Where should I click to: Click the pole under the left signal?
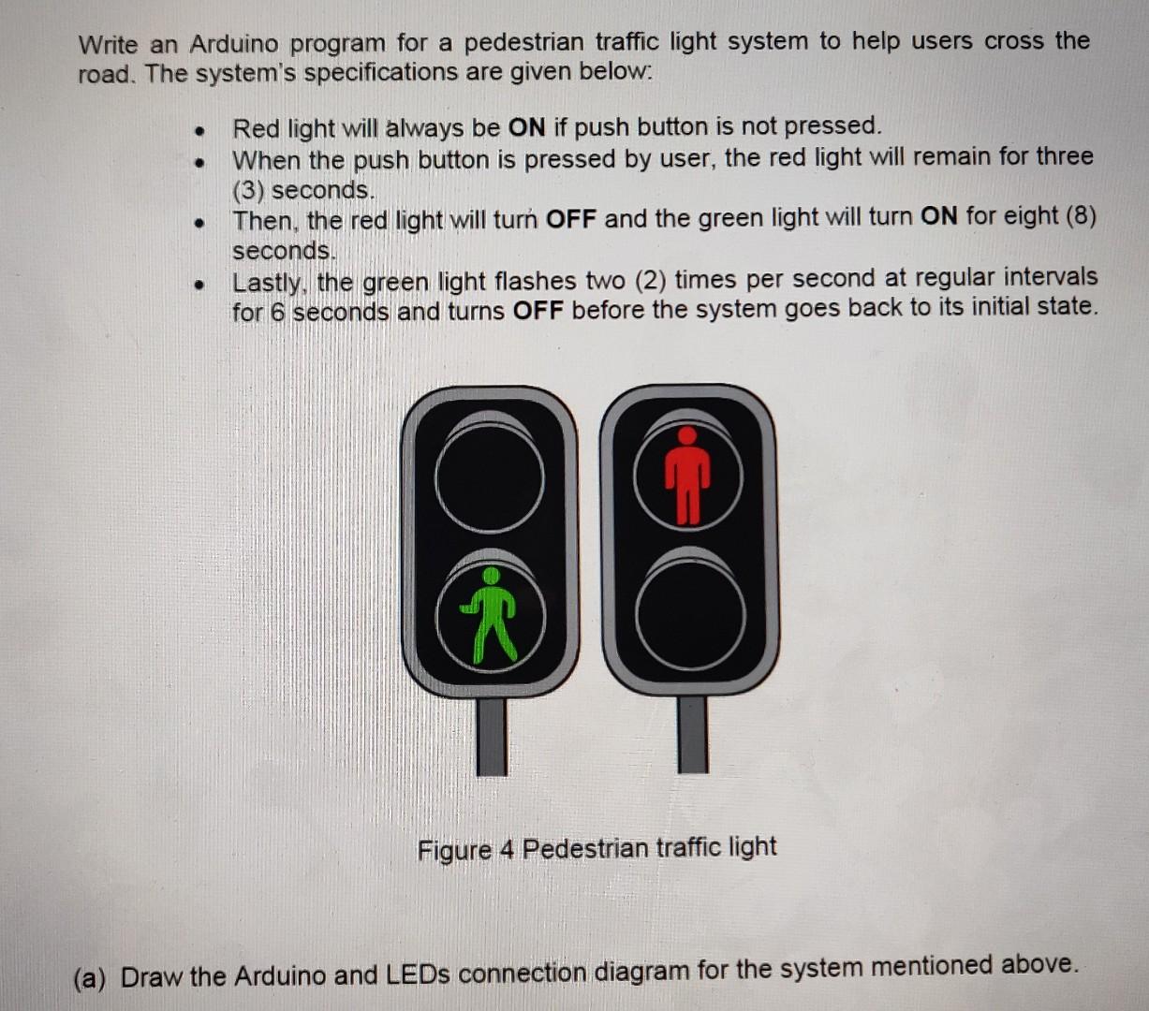tap(491, 736)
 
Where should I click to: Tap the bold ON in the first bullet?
tap(526, 126)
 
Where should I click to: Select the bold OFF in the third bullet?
tap(570, 218)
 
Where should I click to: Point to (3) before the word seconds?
tap(247, 190)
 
